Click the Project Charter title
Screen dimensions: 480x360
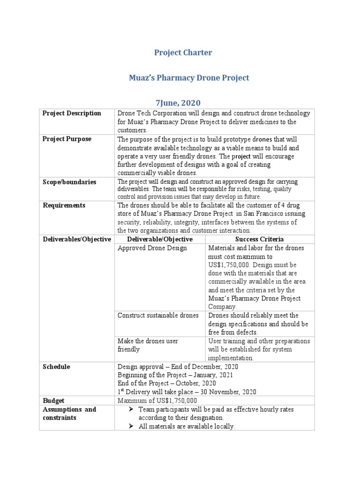tap(183, 52)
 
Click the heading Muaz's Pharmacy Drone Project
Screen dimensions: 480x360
tap(183, 78)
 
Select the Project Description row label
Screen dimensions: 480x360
tap(72, 113)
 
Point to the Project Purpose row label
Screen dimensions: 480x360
tap(67, 139)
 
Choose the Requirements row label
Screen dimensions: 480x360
tap(64, 205)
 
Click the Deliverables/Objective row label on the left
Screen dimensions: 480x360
tap(77, 239)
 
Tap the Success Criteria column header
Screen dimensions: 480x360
tap(259, 239)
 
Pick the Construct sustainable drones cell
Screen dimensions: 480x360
tap(158, 315)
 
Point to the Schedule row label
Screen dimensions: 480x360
tap(56, 367)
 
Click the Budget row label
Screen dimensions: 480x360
tap(53, 401)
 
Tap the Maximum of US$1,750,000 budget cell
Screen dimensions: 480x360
tap(157, 401)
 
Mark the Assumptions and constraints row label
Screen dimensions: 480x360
tap(69, 413)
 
